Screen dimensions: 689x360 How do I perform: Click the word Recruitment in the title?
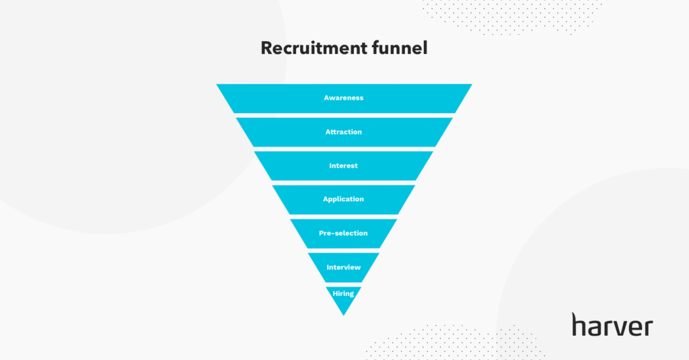click(x=313, y=48)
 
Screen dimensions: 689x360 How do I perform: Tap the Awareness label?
click(x=344, y=98)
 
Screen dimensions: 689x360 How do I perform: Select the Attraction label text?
click(x=344, y=132)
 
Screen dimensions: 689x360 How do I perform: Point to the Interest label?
click(x=344, y=166)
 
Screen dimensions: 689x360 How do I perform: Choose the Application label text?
click(x=343, y=199)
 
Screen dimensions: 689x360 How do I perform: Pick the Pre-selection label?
click(x=343, y=233)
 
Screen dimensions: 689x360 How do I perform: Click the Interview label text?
click(x=344, y=267)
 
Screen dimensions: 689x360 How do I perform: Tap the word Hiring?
click(x=343, y=293)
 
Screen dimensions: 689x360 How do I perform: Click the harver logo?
click(x=612, y=324)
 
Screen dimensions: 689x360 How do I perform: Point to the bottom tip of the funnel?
click(x=344, y=315)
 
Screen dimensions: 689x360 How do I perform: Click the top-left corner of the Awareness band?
click(x=217, y=84)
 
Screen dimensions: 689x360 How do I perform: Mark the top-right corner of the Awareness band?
click(x=472, y=84)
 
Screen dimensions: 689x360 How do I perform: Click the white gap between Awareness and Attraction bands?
click(x=344, y=115)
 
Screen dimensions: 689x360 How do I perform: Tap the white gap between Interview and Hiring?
click(x=344, y=285)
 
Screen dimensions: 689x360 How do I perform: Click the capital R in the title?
click(x=268, y=48)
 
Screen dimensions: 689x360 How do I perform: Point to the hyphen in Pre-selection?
click(x=332, y=233)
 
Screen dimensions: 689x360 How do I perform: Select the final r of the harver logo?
click(x=649, y=328)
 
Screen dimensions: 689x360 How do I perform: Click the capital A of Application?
click(x=326, y=199)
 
